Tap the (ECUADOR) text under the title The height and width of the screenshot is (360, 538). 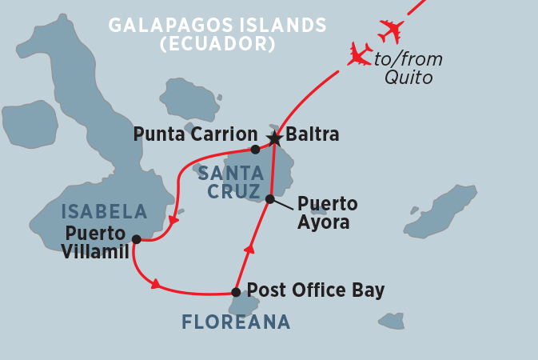point(217,45)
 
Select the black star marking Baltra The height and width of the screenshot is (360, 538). point(274,139)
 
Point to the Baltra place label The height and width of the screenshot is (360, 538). point(313,135)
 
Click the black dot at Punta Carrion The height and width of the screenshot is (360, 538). point(255,150)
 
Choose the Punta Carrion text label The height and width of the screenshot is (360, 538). point(195,134)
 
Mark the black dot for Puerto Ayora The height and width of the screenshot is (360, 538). point(270,199)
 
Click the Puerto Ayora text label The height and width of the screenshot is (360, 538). point(327,213)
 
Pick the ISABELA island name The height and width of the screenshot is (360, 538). point(105,212)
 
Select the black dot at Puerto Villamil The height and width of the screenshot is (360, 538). point(136,239)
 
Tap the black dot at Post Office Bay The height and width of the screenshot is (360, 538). point(236,292)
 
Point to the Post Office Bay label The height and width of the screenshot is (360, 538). point(315,290)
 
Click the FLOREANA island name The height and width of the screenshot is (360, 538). point(235,322)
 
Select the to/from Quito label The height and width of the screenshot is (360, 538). point(413,68)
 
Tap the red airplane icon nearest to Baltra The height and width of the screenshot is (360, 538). point(360,54)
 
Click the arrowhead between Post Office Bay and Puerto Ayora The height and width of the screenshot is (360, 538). point(249,250)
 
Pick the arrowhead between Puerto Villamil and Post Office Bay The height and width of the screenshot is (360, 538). point(155,283)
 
